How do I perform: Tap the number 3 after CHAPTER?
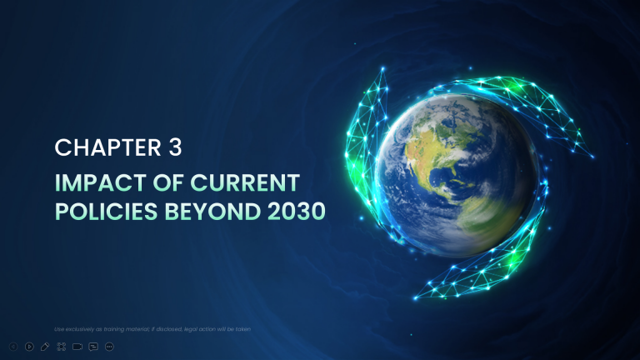click(x=173, y=148)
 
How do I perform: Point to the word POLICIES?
click(x=102, y=212)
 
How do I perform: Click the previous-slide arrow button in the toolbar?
click(x=13, y=346)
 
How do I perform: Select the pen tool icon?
click(x=45, y=346)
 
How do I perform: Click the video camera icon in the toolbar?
click(x=77, y=346)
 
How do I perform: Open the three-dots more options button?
click(x=109, y=346)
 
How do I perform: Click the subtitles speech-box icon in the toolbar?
click(x=93, y=346)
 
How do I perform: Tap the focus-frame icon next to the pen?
click(x=61, y=346)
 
